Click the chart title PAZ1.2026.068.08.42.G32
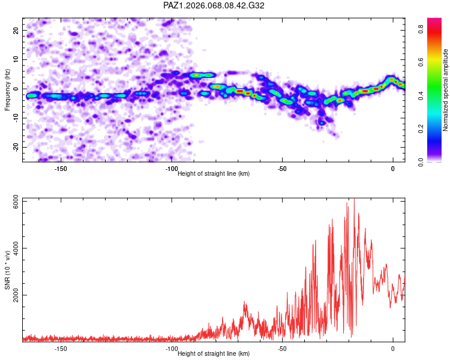click(x=214, y=5)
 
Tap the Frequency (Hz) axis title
click(x=7, y=89)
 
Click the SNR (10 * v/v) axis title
click(x=7, y=270)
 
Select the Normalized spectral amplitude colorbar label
click(x=446, y=90)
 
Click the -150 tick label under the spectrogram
click(x=61, y=169)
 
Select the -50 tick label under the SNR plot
click(x=282, y=349)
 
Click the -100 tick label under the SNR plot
click(x=172, y=349)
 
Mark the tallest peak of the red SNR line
click(x=354, y=199)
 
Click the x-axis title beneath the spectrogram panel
click(x=214, y=174)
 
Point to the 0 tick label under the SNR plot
click(x=393, y=349)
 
